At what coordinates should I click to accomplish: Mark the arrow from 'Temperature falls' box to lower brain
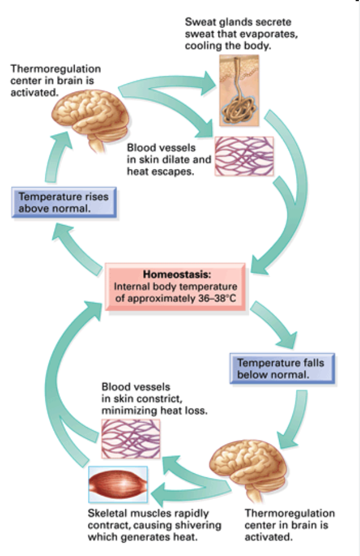[297, 420]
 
